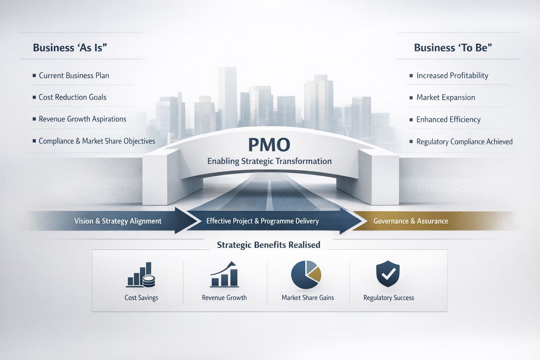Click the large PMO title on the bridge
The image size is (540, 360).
point(269,144)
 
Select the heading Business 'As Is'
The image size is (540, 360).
point(70,47)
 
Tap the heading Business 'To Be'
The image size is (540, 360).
point(453,47)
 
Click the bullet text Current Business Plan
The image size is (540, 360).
point(74,76)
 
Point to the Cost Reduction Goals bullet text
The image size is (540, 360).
point(72,97)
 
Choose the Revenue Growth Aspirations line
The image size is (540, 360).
point(82,119)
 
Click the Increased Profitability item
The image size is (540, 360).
point(452,76)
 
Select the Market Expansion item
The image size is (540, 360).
point(445,98)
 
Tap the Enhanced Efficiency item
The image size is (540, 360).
point(448,120)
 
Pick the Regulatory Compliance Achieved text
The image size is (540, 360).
point(464,142)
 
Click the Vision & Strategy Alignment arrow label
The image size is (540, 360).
point(118,221)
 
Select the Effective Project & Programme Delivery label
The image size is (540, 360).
point(262,221)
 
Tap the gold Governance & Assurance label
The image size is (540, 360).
point(411,221)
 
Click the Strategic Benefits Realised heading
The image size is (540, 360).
point(269,245)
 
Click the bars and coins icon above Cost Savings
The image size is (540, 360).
point(141,275)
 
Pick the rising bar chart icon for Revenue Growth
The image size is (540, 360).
point(224,275)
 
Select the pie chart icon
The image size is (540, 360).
point(306,275)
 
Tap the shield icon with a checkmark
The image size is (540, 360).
point(388,274)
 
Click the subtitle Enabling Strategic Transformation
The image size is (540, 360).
point(269,161)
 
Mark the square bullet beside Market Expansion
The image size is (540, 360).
point(411,98)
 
